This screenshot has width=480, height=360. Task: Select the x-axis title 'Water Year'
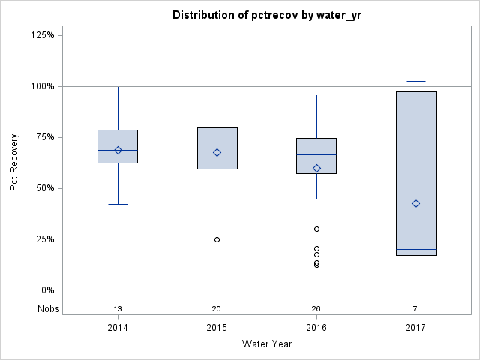click(x=266, y=344)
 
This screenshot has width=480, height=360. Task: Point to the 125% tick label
click(x=44, y=35)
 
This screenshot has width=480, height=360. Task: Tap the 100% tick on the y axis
click(x=44, y=86)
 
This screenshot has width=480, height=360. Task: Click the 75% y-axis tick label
click(x=46, y=137)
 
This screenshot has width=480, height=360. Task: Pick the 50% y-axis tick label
click(x=46, y=188)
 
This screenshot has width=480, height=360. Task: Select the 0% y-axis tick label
click(x=49, y=290)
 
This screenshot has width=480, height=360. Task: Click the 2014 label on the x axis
click(x=118, y=328)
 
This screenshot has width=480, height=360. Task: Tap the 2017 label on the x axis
click(x=415, y=328)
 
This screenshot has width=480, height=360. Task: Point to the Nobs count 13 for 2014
click(x=118, y=309)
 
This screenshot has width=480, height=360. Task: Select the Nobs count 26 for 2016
click(x=316, y=309)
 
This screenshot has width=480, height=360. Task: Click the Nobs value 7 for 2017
click(x=415, y=309)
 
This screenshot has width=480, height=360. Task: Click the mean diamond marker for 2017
click(x=415, y=203)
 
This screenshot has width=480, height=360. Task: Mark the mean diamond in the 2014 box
click(x=118, y=150)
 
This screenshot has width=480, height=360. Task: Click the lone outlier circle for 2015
click(x=217, y=239)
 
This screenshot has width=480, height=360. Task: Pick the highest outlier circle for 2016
click(x=316, y=229)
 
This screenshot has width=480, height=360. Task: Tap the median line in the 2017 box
click(x=415, y=249)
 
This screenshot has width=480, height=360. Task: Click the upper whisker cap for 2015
click(x=217, y=106)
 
